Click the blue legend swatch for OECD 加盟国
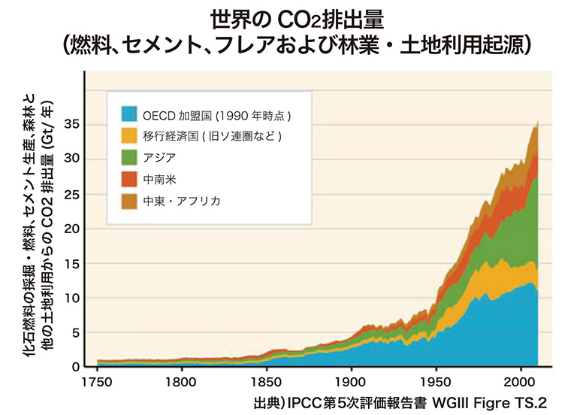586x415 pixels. [130, 115]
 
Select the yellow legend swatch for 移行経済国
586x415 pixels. [130, 137]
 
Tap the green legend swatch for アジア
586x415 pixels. [130, 158]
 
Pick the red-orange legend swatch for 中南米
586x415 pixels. [130, 180]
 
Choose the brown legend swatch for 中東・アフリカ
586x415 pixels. [130, 201]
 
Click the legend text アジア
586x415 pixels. [157, 158]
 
